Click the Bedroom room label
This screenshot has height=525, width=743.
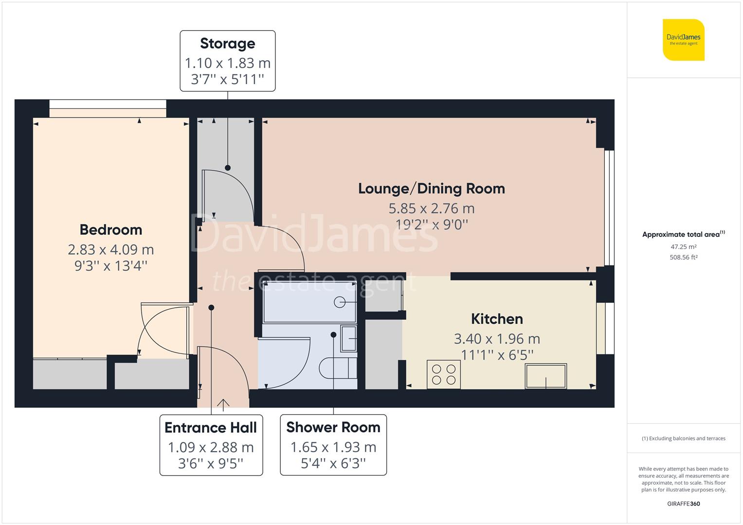[x=111, y=229]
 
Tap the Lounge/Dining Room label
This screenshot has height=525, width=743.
[x=431, y=188]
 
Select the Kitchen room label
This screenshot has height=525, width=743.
[x=497, y=319]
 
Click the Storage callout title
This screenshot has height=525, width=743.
[x=227, y=43]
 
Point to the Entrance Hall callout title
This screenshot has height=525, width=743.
[x=211, y=428]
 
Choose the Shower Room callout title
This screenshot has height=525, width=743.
[x=333, y=427]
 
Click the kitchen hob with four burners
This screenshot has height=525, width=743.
[x=444, y=374]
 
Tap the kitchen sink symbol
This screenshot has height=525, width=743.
[x=545, y=376]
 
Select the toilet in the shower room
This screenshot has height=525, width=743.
[x=338, y=368]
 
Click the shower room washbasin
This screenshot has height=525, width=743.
[x=348, y=338]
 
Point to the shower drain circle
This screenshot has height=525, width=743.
[x=339, y=302]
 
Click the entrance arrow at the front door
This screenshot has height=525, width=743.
[x=223, y=403]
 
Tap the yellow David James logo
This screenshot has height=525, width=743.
[x=684, y=40]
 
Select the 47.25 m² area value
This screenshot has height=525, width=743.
[x=683, y=247]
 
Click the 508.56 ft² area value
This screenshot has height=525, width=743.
[x=683, y=258]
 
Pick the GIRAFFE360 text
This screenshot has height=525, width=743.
[x=683, y=504]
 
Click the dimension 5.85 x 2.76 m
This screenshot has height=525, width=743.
[x=431, y=209]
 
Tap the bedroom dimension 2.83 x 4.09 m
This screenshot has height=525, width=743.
[x=111, y=250]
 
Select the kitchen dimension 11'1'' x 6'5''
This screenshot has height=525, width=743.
[x=497, y=355]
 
